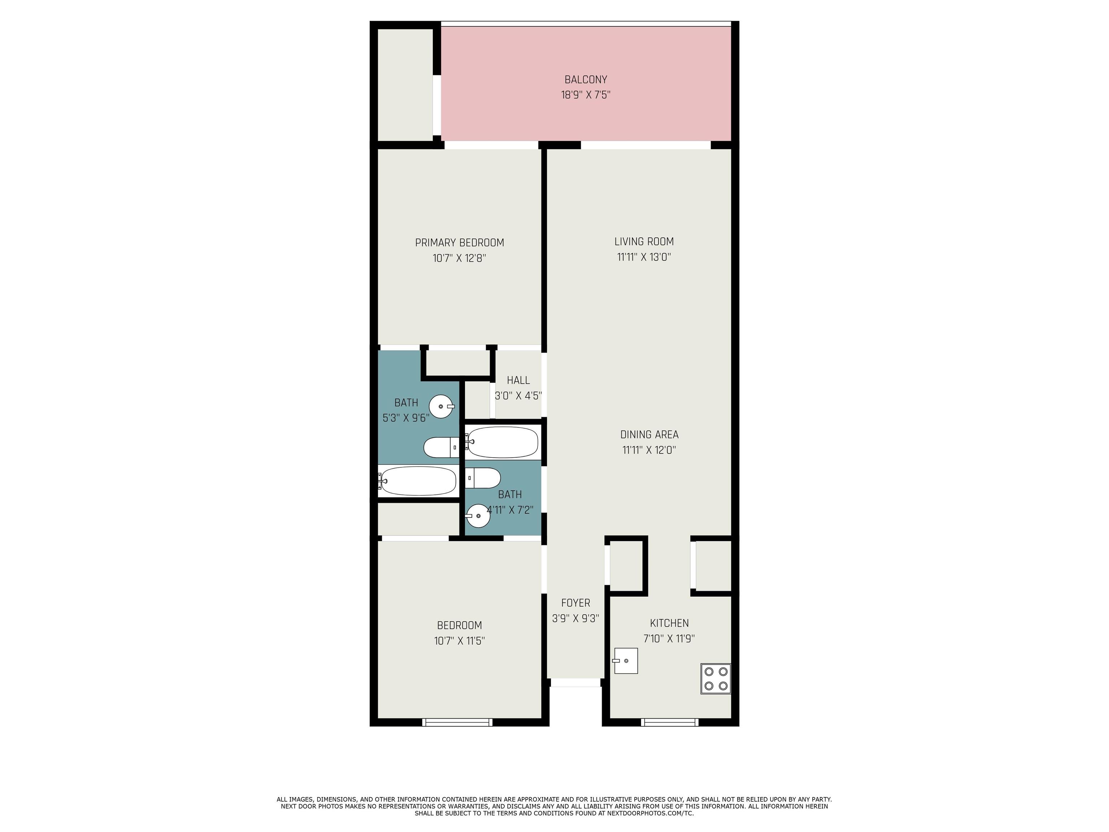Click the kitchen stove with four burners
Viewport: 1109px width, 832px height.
point(716,679)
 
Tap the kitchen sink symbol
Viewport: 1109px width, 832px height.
point(625,661)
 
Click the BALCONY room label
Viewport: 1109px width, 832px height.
point(586,79)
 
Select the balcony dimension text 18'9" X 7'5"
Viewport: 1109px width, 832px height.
point(586,95)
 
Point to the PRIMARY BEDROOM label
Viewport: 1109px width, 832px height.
point(459,243)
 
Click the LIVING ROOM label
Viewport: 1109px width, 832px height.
point(644,241)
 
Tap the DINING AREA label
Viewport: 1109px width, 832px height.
point(649,435)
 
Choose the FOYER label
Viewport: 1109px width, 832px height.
point(575,603)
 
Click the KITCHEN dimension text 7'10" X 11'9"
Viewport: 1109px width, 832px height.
point(669,638)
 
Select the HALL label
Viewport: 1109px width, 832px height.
point(518,380)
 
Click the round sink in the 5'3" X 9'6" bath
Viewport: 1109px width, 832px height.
point(441,406)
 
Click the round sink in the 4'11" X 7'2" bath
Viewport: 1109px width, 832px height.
point(478,516)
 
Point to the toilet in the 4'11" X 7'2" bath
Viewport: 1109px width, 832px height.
point(483,478)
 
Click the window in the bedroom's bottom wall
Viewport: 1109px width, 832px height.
point(457,722)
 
